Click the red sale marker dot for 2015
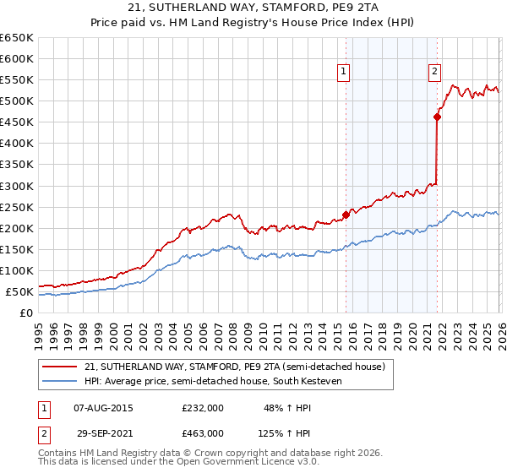click(x=346, y=215)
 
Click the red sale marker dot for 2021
click(x=437, y=117)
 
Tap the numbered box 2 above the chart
click(x=434, y=73)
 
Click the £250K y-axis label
click(x=17, y=207)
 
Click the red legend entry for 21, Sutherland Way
click(x=235, y=367)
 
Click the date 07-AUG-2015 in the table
click(x=103, y=407)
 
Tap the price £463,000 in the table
click(x=203, y=432)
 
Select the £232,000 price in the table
click(x=203, y=407)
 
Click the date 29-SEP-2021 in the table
click(x=103, y=432)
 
